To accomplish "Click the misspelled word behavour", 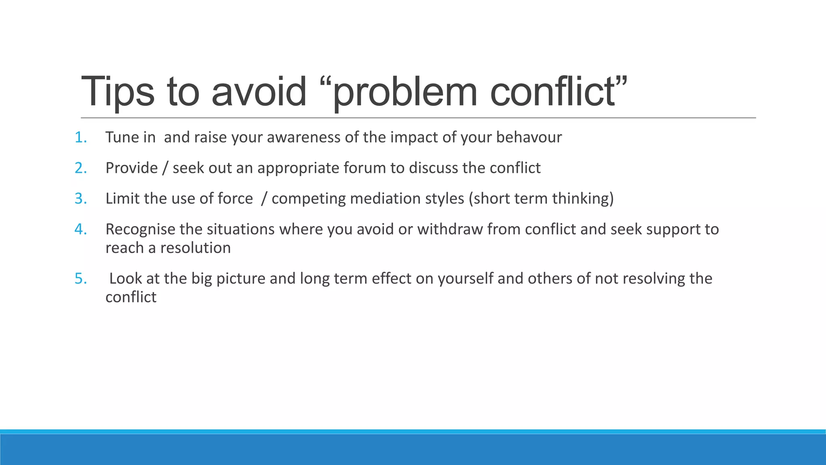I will coord(529,138).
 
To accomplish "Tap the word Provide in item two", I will coord(131,168).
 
